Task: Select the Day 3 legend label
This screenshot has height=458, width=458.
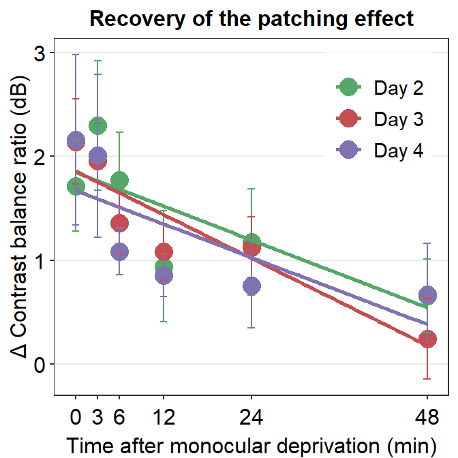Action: (x=399, y=119)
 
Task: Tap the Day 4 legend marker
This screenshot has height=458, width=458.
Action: (x=348, y=151)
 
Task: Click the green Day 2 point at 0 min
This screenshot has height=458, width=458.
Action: (x=76, y=186)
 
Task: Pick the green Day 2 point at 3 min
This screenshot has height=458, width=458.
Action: (x=97, y=126)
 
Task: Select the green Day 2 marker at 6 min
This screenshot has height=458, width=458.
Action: (x=119, y=181)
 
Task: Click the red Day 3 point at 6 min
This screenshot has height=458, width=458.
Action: (x=119, y=223)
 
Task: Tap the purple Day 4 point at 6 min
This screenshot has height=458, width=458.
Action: (x=119, y=252)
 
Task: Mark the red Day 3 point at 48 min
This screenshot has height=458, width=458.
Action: (x=427, y=339)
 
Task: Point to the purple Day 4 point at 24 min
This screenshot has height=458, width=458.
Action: (x=251, y=286)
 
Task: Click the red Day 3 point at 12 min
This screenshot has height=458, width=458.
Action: (x=164, y=251)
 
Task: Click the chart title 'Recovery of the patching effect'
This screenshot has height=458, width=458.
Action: (x=251, y=18)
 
